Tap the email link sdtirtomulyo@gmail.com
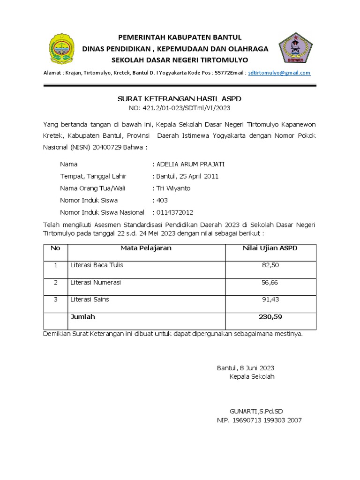pos(279,73)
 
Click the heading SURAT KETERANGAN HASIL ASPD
pos(179,99)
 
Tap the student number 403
pos(162,200)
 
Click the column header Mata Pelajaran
pos(146,248)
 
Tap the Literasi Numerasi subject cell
pos(96,283)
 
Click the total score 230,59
pos(270,317)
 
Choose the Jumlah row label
pos(82,317)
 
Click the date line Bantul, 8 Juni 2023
pos(246,368)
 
